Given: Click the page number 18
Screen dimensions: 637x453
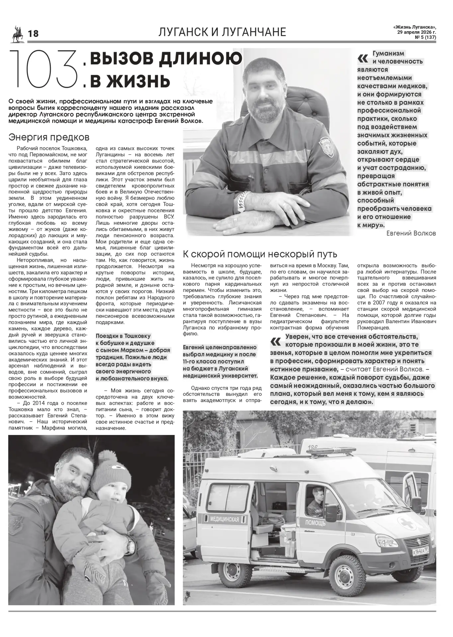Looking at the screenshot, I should tap(33, 34).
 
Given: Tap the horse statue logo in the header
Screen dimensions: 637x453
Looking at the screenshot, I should tap(17, 34).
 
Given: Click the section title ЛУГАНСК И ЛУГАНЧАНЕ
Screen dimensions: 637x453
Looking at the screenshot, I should tap(222, 32).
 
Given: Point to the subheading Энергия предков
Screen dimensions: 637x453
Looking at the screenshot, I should tap(49, 137).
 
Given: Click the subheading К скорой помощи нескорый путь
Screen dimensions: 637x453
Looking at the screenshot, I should tap(260, 254).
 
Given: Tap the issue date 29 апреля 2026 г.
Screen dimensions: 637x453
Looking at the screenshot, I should tap(416, 33).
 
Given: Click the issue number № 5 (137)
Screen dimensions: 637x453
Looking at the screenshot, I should tap(425, 37).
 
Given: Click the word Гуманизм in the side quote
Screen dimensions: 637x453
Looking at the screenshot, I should tap(388, 53).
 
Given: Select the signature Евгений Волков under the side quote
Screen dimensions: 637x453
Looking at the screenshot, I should tap(411, 233).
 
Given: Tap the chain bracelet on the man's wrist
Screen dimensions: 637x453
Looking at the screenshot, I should tap(245, 201).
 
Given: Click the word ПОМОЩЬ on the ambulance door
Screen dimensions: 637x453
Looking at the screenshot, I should tap(315, 523).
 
